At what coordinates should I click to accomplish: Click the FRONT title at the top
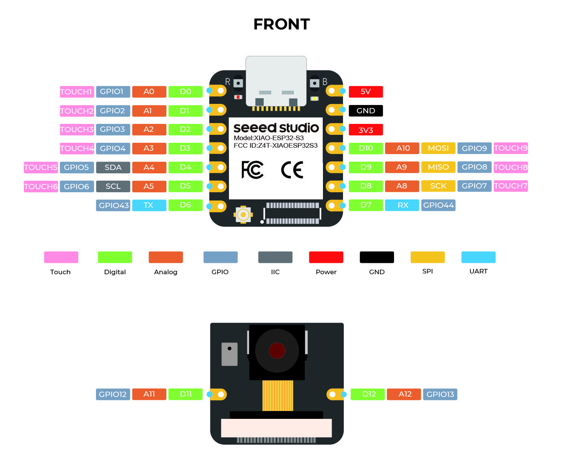coord(281,24)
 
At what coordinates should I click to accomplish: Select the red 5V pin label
coord(365,92)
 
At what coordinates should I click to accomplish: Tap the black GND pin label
coord(365,110)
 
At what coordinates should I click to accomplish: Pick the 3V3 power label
coord(365,130)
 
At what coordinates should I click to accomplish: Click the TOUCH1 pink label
coord(77,92)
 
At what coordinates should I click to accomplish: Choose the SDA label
coord(113,167)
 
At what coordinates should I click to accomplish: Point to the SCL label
coord(113,186)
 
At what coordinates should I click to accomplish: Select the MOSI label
coord(438,148)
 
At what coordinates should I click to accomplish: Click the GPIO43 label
coord(113,205)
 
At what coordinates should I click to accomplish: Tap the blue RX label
coord(402,205)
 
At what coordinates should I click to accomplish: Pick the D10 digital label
coord(366,148)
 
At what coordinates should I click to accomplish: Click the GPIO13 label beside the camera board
coord(440,394)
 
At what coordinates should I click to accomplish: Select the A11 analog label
coord(149,394)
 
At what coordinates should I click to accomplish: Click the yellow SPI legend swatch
coord(428,257)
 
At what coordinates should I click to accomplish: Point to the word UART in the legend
coord(478,271)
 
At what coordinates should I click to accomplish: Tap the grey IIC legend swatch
coord(275,257)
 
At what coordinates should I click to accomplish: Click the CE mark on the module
coord(292,170)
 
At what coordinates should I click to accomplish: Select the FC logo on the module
coord(252,170)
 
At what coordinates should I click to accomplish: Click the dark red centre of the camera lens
coord(277,350)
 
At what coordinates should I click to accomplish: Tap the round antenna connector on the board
coord(243,215)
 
